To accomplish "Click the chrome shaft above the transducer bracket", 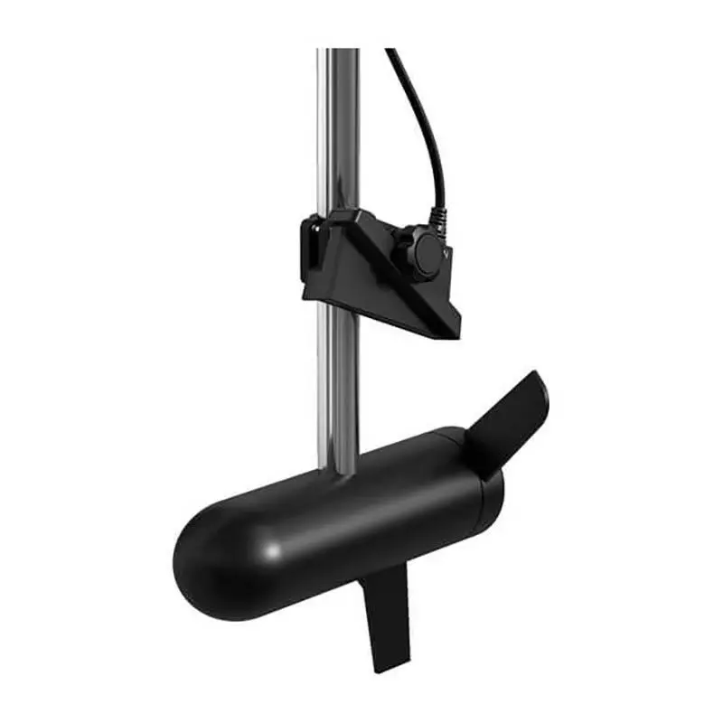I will [338, 127].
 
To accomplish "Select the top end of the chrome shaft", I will [338, 52].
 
